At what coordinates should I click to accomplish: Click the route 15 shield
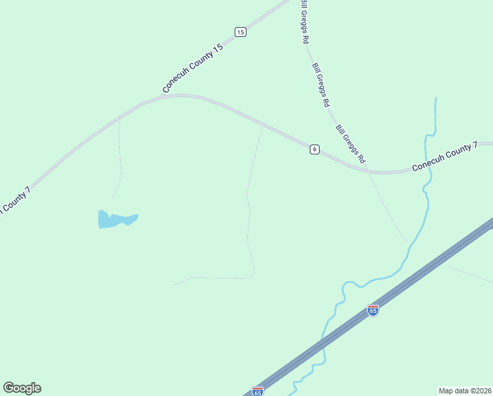tap(241, 32)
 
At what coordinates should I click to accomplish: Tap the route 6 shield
tap(314, 149)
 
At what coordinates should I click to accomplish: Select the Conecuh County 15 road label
tap(193, 69)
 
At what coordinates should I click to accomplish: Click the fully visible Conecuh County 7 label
tap(444, 157)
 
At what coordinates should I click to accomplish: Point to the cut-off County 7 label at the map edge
tap(14, 200)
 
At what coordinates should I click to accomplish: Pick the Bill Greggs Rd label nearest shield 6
tap(350, 145)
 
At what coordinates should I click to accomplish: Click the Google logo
tap(22, 388)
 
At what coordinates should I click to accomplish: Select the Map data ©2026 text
tap(465, 390)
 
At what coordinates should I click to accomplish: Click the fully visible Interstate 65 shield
tap(373, 310)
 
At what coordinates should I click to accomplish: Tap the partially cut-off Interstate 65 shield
tap(258, 391)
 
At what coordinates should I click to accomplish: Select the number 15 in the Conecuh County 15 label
tap(218, 48)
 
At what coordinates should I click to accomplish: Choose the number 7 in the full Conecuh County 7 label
tap(475, 147)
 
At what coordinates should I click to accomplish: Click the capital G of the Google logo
tap(9, 388)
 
